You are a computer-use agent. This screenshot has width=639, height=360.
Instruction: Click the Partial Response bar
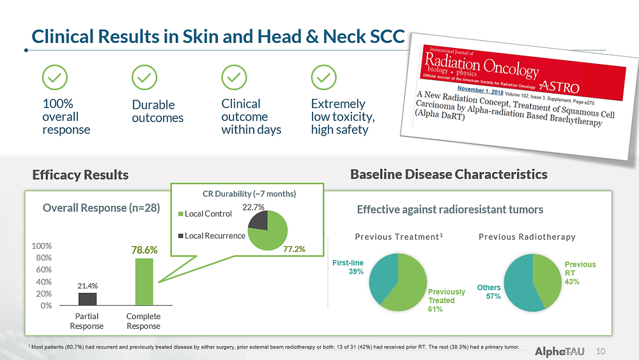click(87, 299)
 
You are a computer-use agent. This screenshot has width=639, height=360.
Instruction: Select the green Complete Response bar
click(144, 282)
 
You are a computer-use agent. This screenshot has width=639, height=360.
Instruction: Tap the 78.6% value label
click(144, 250)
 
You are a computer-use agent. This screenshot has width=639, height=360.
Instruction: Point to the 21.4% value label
click(88, 286)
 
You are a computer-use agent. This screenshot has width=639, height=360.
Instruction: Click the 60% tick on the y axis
click(43, 269)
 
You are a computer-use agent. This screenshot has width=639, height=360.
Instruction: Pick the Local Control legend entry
click(205, 214)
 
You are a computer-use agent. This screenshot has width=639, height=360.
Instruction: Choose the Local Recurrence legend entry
click(212, 236)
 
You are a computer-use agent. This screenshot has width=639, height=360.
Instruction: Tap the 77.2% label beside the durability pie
click(294, 249)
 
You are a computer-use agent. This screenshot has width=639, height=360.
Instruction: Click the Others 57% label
click(489, 292)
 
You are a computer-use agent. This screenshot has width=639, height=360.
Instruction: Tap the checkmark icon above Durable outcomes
click(144, 77)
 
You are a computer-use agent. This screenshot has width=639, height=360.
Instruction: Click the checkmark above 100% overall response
click(54, 77)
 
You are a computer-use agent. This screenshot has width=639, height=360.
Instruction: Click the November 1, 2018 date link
click(480, 90)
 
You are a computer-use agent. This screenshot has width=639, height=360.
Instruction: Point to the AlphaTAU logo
click(560, 352)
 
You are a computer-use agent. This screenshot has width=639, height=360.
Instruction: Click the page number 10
click(601, 352)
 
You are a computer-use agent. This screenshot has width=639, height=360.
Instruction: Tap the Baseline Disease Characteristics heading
click(449, 175)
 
